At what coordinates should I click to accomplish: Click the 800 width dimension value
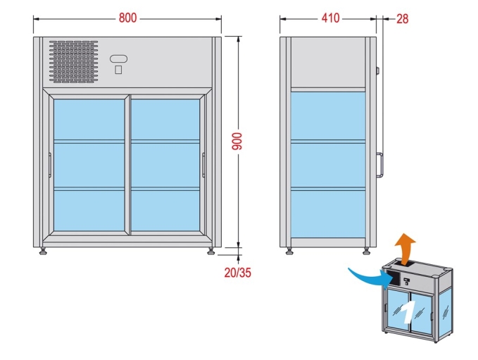[x=127, y=18]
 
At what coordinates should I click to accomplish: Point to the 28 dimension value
[x=402, y=18]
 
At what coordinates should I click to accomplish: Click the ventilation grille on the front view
[x=73, y=60]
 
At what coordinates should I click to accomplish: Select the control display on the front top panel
[x=119, y=58]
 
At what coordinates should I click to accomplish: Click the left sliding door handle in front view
[x=50, y=165]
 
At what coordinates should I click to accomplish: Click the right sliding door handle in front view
[x=203, y=165]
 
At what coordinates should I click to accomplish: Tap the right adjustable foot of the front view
[x=211, y=251]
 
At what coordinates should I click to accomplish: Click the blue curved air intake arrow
[x=369, y=276]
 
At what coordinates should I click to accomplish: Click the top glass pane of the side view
[x=329, y=117]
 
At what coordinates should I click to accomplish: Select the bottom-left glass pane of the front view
[x=89, y=210]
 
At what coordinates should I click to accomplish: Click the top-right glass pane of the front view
[x=166, y=119]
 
